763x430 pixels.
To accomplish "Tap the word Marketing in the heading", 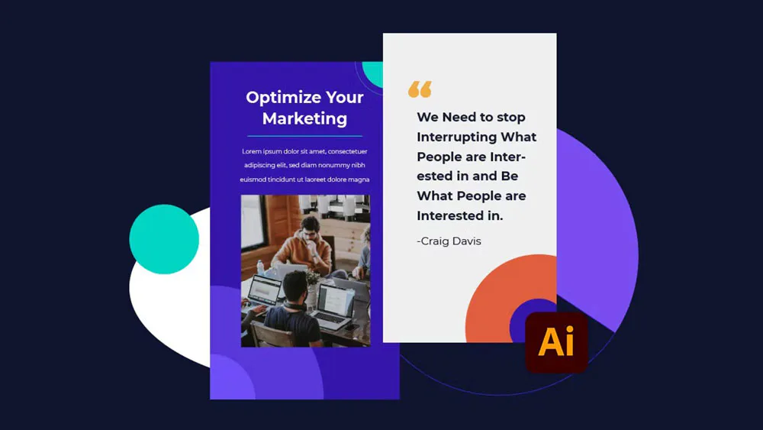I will pos(304,118).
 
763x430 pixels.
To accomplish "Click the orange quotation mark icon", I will pos(420,89).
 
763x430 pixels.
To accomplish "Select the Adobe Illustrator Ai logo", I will pos(556,342).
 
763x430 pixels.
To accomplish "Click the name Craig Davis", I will pos(449,241).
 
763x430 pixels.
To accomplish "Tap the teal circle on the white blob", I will pos(164,239).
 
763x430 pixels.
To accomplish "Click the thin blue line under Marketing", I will pos(304,136).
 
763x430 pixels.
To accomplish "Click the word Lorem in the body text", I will pos(253,151).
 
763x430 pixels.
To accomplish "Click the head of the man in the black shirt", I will pos(295,285).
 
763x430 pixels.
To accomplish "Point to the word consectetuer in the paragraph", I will pos(347,151).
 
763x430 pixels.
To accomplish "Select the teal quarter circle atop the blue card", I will pos(375,72).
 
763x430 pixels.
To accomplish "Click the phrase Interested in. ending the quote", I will pos(459,216).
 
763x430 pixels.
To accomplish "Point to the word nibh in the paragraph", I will pos(357,165).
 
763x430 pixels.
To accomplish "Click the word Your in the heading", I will pos(344,98).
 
